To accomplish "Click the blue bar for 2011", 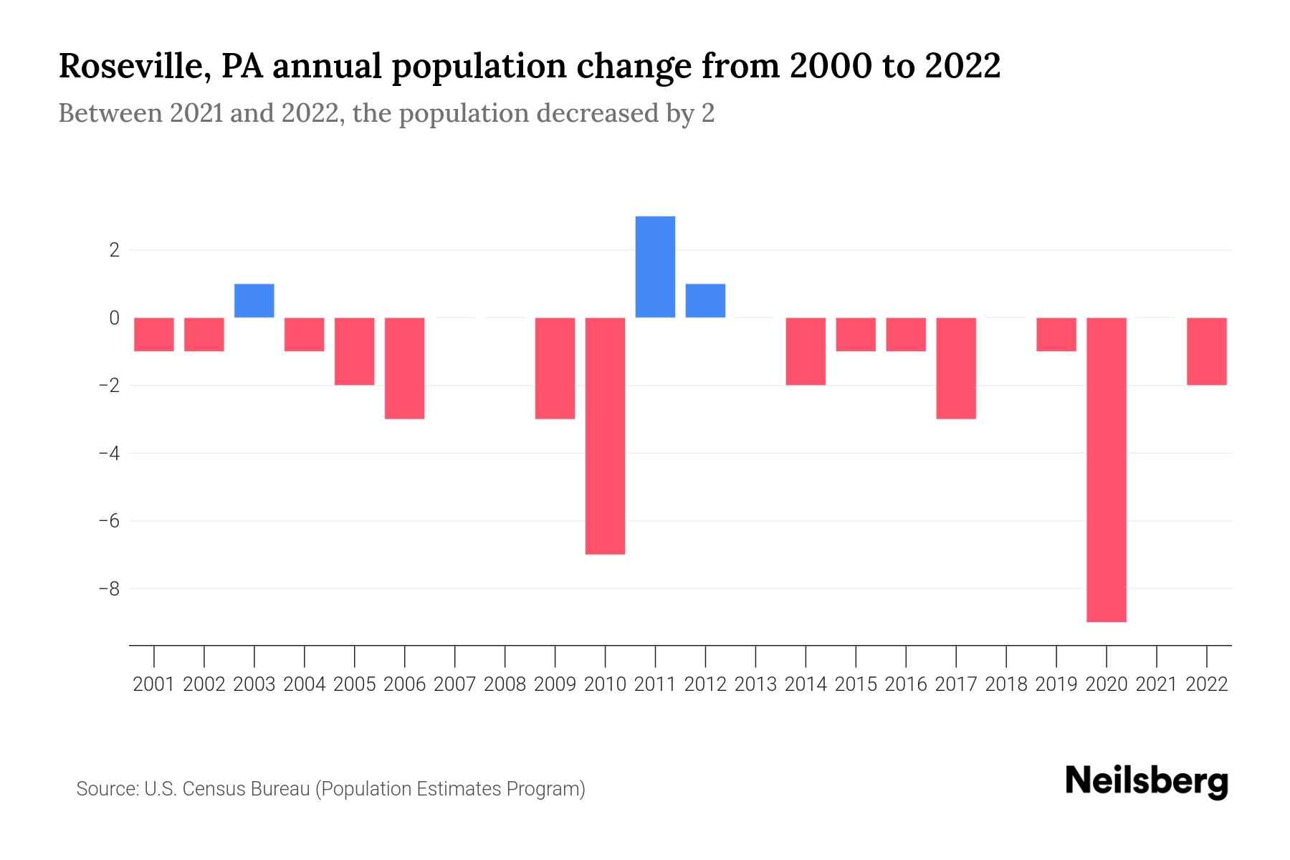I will click(655, 267).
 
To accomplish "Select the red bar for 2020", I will click(1107, 469).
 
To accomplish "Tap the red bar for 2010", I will click(605, 436).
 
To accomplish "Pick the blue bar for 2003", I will click(254, 301).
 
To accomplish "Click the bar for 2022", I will click(1207, 351).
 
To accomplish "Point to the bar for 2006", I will click(405, 368).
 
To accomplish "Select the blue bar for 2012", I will click(705, 301).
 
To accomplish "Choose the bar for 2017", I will click(956, 368).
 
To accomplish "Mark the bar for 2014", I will click(806, 351).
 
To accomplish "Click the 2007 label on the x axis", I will click(455, 684).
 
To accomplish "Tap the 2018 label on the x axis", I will click(1006, 684).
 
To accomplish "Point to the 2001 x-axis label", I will click(154, 684).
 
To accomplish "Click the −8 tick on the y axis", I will click(109, 588).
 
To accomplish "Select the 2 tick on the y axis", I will click(114, 250).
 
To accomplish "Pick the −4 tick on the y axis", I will click(109, 453).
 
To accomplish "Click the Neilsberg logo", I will click(1147, 782).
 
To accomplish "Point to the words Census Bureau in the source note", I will click(247, 789).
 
